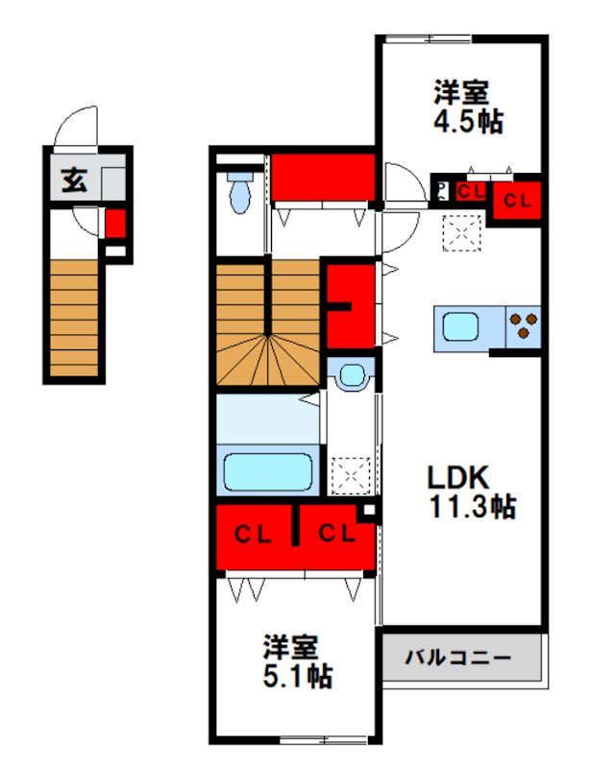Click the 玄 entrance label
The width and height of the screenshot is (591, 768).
tap(73, 180)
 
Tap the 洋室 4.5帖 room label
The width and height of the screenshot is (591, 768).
tap(462, 108)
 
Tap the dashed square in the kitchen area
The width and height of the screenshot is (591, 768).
tap(461, 231)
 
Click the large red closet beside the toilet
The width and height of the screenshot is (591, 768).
tap(322, 177)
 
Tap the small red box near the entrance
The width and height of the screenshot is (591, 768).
tap(115, 225)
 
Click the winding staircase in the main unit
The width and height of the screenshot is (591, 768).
tap(266, 324)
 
